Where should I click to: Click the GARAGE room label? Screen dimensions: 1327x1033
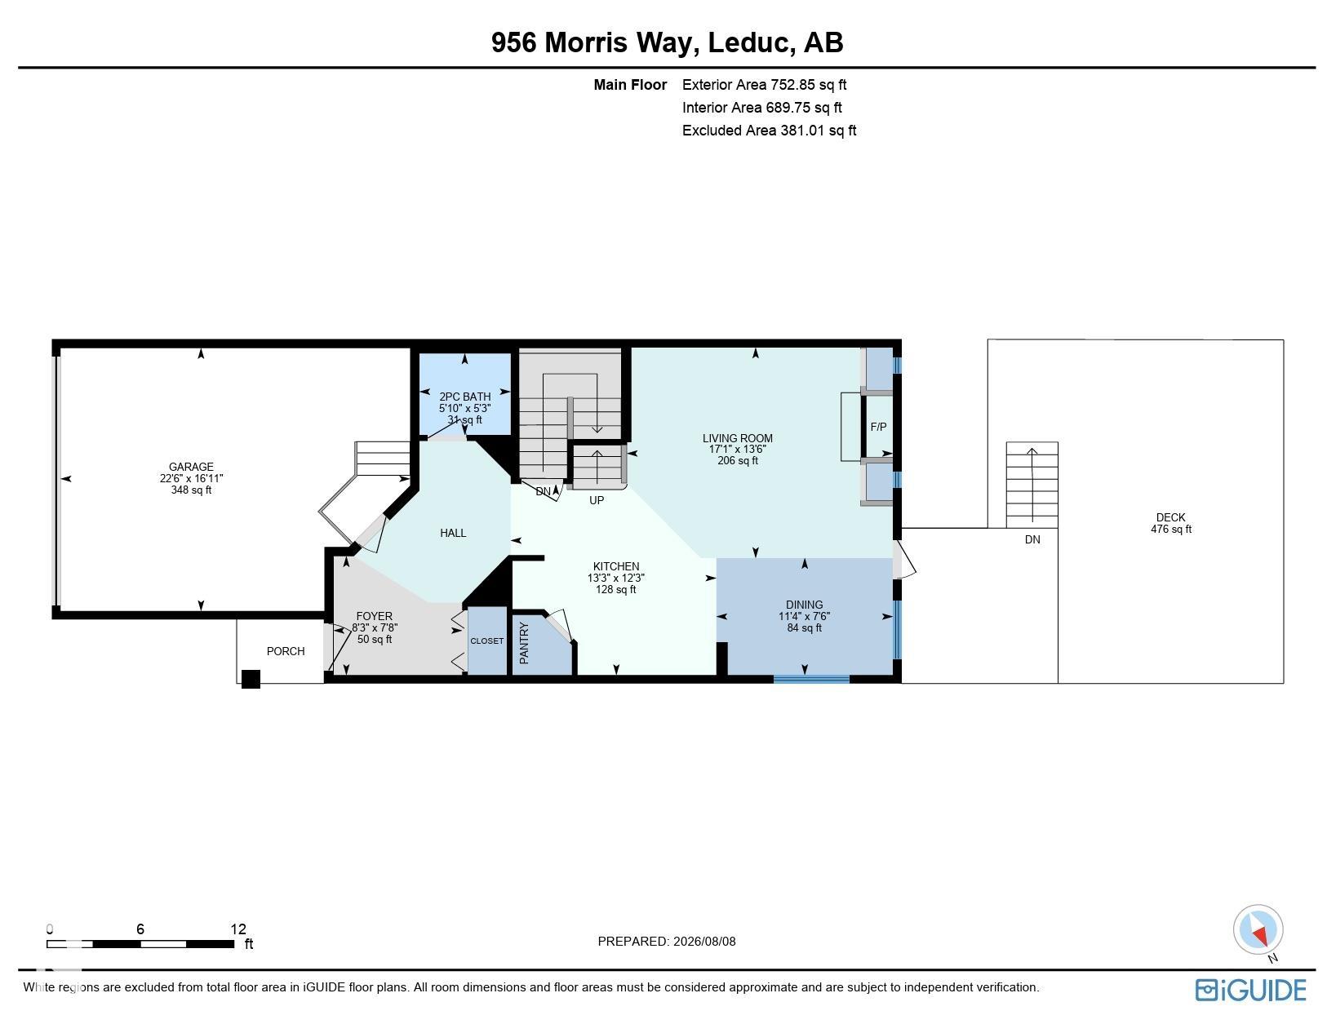(x=190, y=467)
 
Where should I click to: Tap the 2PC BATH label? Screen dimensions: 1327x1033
(x=464, y=397)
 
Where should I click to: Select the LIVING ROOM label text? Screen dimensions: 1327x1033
(x=737, y=438)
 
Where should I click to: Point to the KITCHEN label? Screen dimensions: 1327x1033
(x=615, y=566)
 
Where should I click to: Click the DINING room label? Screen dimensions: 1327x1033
(x=804, y=605)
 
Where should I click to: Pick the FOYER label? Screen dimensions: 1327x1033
(x=374, y=617)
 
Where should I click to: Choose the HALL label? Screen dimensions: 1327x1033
(x=452, y=533)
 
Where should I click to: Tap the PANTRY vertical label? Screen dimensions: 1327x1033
(x=524, y=643)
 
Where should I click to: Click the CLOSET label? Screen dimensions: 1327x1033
(x=486, y=641)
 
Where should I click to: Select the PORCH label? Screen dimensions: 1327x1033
(x=285, y=651)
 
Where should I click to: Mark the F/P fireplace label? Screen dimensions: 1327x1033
(x=878, y=428)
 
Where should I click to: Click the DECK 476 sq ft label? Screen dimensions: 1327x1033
(x=1170, y=523)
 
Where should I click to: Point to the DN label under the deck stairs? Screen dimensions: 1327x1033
(x=1032, y=539)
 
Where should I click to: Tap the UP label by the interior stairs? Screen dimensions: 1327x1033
(x=596, y=501)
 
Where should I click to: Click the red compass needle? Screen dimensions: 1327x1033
(x=1260, y=934)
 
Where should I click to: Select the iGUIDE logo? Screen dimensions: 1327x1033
(x=1250, y=991)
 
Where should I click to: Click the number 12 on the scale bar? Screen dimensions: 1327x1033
(x=238, y=929)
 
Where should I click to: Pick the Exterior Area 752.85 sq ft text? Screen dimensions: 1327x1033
(x=764, y=85)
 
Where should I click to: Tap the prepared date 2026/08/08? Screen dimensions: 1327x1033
(x=704, y=942)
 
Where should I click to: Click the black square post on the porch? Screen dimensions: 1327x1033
(x=251, y=679)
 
